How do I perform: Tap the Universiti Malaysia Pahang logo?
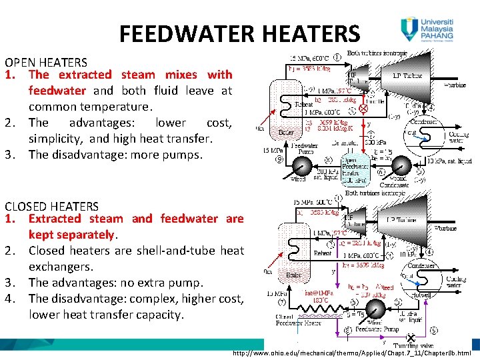point(427,30)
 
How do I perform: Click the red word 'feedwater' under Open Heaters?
point(57,91)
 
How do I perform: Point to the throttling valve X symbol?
point(411,338)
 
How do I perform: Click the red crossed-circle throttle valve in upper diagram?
point(363,108)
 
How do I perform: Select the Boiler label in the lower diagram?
point(293,274)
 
